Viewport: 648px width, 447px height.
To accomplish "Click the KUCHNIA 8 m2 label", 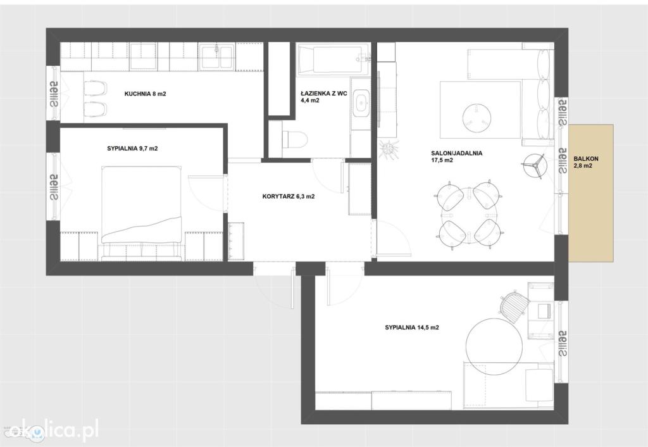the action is [145, 94].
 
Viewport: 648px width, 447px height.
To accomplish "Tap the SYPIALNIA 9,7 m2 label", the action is [132, 148].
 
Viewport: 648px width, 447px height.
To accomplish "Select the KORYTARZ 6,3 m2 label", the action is [289, 196].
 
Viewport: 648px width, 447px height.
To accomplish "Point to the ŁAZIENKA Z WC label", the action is [323, 94].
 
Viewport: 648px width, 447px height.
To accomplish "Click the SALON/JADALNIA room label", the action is [457, 153].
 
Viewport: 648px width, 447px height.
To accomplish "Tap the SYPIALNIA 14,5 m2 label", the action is [411, 327].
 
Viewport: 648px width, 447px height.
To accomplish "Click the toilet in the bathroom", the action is [295, 139].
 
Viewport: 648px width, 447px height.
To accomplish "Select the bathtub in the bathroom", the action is [333, 60].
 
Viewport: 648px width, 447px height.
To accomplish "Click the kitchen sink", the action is [216, 56].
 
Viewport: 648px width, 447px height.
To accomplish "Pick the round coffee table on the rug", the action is [477, 115].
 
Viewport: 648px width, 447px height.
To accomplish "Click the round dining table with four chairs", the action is [469, 217].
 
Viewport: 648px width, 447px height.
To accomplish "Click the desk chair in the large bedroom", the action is [514, 305].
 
